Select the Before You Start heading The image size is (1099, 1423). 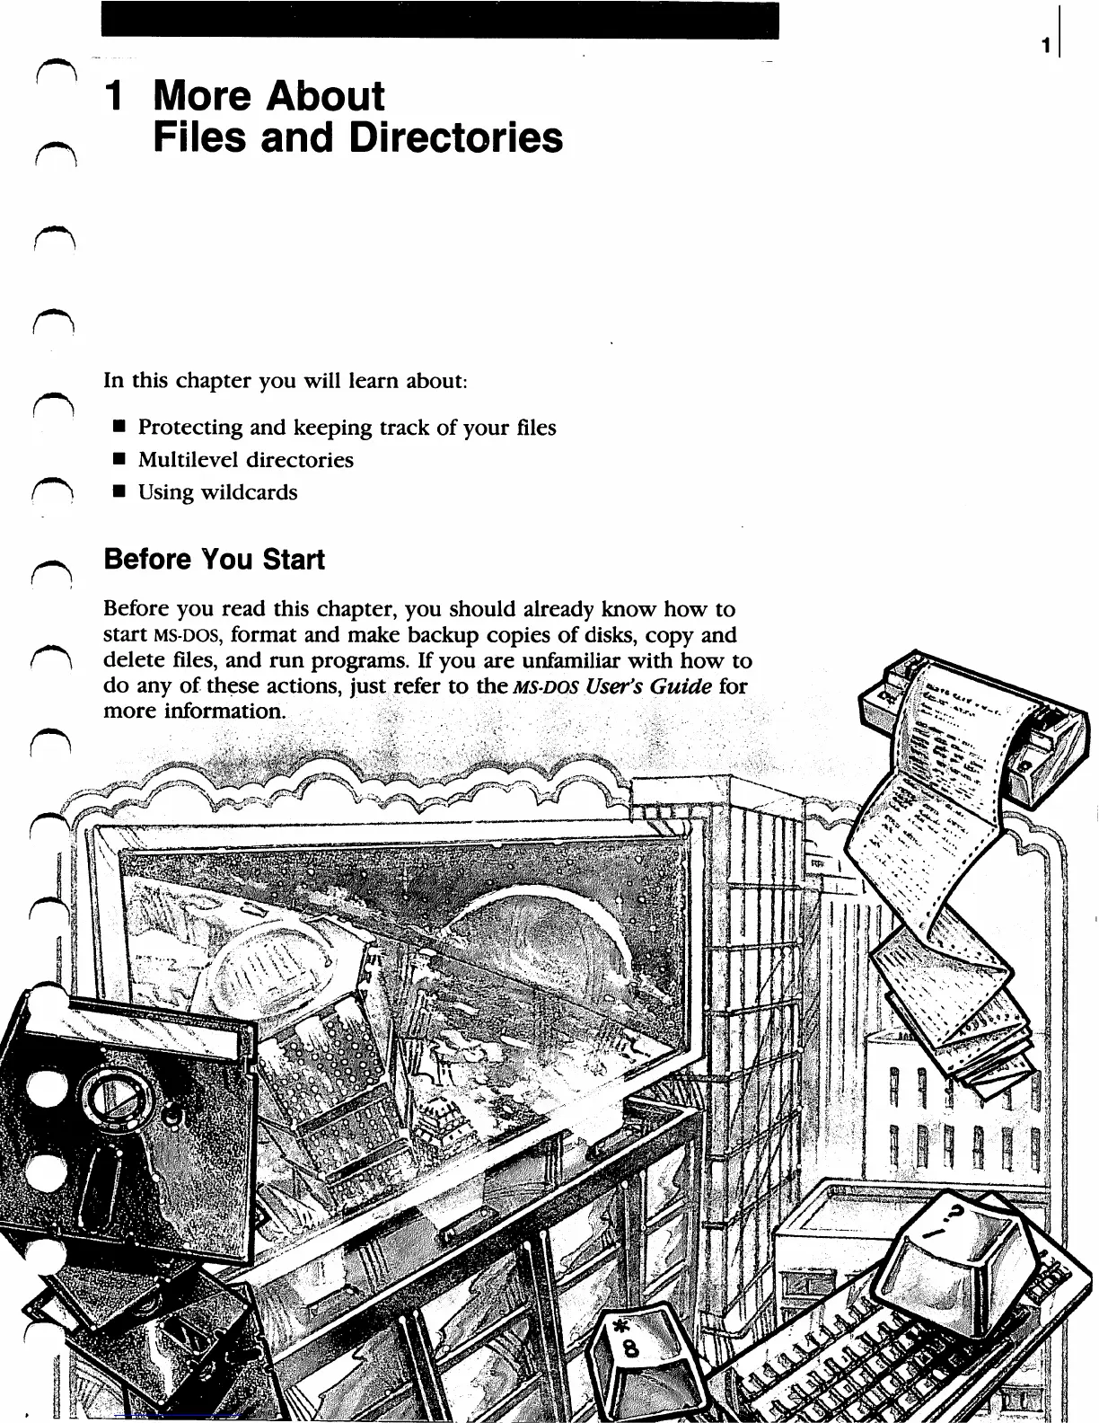[214, 560]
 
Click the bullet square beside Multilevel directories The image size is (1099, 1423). [117, 460]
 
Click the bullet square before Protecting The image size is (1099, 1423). [117, 428]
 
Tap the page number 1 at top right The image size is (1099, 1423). [1046, 45]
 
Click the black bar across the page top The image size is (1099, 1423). [440, 20]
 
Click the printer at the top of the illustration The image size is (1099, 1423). [961, 719]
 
